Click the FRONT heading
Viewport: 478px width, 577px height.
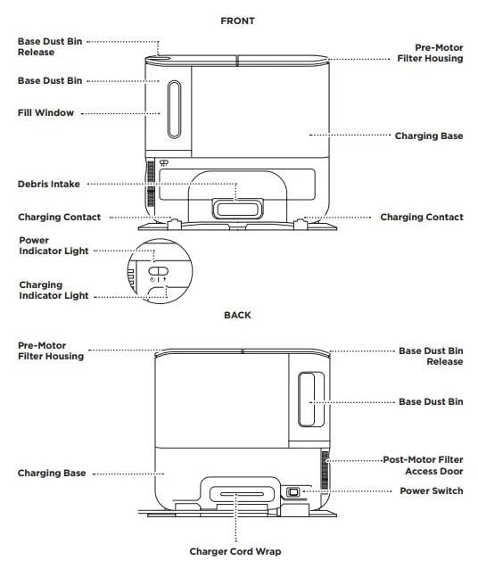(x=237, y=20)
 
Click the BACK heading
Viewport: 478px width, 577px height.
(x=237, y=315)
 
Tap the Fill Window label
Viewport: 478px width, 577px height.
(x=46, y=113)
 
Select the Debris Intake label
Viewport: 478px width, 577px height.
(x=48, y=185)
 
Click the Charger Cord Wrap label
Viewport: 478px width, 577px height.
(x=235, y=552)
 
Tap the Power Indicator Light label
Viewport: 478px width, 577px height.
(x=53, y=246)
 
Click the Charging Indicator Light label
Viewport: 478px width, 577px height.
(x=54, y=291)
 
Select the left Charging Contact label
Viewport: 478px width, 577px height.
(x=59, y=218)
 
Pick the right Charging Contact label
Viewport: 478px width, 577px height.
(x=422, y=218)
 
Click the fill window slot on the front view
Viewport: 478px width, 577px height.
(x=174, y=112)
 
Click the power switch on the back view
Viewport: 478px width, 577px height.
(x=293, y=491)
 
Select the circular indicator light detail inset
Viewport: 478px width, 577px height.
(x=157, y=273)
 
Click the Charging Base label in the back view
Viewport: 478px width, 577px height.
(x=52, y=474)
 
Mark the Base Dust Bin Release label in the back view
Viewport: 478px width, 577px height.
(x=431, y=357)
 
